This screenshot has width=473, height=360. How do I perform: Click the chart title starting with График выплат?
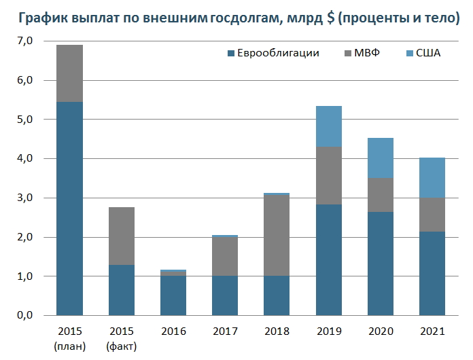[x=236, y=18]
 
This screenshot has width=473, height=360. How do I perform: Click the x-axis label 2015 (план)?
[x=69, y=338]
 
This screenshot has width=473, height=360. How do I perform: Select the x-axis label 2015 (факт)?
[x=121, y=338]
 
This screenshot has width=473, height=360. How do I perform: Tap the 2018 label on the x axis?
[x=276, y=331]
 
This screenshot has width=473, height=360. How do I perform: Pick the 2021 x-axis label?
[x=431, y=331]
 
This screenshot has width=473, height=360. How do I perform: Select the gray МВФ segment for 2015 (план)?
[x=69, y=73]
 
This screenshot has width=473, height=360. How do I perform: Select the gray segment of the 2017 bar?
[x=224, y=257]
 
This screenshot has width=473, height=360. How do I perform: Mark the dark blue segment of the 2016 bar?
[x=173, y=295]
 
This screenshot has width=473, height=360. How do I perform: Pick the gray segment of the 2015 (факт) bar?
[x=121, y=236]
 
